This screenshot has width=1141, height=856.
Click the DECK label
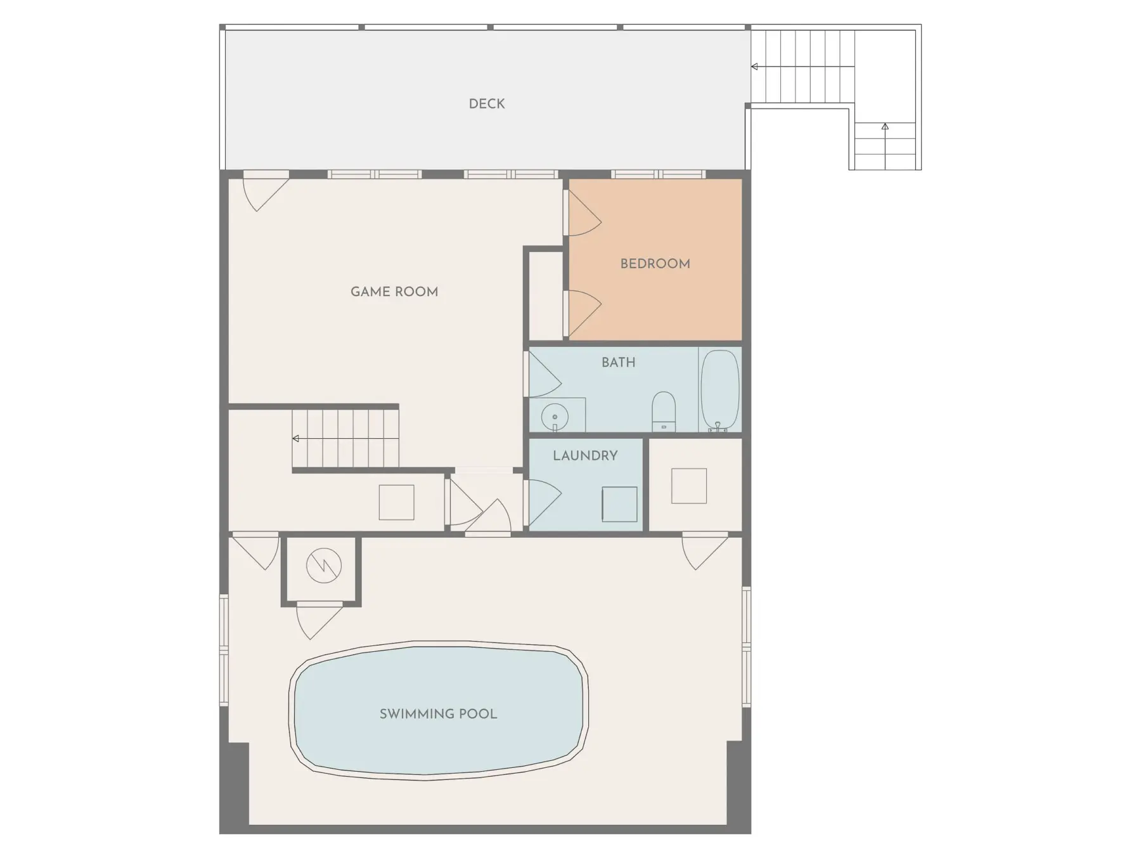coord(487,103)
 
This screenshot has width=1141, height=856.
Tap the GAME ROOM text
coord(394,292)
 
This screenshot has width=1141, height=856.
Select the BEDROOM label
coord(655,264)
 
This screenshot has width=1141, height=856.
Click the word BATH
coord(618,362)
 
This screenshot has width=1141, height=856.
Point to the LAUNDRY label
coord(585,455)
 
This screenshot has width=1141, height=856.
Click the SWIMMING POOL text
coord(438,714)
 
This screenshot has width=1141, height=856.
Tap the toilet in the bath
coord(664,411)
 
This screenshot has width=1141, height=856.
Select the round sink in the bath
coord(555,417)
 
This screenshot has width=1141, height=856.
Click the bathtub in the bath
coord(719,391)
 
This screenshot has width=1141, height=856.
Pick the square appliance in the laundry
coord(619,504)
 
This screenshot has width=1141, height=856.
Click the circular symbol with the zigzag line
coord(324,565)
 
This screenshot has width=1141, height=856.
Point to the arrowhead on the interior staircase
coord(295,439)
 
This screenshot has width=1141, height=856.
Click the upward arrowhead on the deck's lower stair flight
coord(885,127)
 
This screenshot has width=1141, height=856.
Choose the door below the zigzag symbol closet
coord(319,622)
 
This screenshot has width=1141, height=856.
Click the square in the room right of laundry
coord(688,486)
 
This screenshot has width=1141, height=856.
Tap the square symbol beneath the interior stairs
coord(396,502)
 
